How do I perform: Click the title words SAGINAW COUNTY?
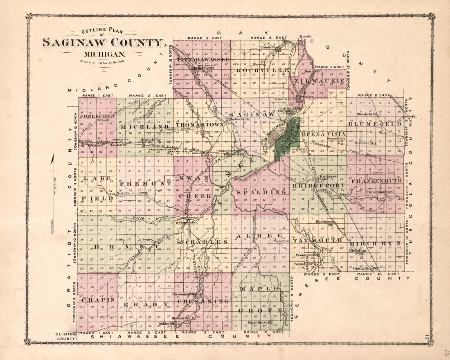coord(103,43)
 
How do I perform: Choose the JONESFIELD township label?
coord(97,116)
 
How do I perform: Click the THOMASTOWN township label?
coord(200,124)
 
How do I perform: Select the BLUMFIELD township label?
coord(374,124)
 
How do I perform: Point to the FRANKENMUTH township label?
coord(376,180)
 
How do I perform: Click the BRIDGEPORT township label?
coord(318,186)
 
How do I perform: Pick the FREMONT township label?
coord(145,184)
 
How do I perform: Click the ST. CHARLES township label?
coord(202,242)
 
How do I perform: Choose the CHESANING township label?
coord(203,301)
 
